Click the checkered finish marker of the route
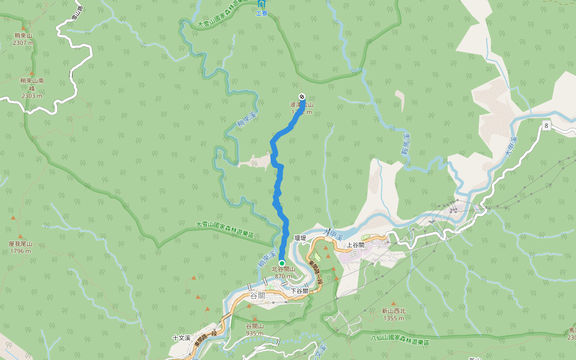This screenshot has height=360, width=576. (x=302, y=97)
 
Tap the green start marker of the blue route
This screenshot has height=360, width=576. (x=281, y=263)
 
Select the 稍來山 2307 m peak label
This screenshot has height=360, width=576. (x=23, y=39)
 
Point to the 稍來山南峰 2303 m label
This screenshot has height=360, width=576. (x=32, y=88)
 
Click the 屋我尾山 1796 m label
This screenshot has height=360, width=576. (x=20, y=247)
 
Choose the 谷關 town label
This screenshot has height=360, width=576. (x=257, y=296)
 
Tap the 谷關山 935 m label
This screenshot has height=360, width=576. (x=254, y=329)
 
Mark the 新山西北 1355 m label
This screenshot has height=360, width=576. (x=394, y=314)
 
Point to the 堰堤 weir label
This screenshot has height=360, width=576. (x=301, y=238)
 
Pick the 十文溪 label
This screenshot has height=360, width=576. (x=181, y=338)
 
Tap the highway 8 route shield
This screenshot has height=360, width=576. (x=547, y=125)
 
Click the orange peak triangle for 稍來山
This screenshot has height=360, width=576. (x=23, y=28)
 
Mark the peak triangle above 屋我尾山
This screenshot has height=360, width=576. (x=20, y=237)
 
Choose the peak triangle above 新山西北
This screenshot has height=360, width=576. (x=394, y=304)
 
